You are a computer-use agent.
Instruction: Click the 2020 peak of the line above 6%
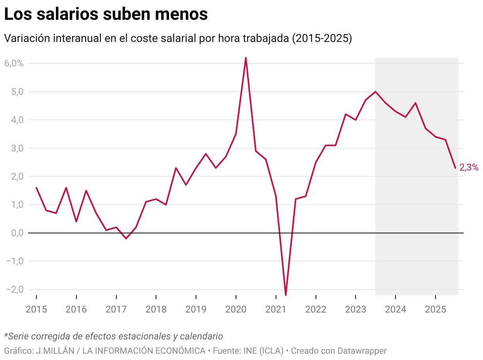tap(246, 58)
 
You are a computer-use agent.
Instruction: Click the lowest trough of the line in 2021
tap(286, 295)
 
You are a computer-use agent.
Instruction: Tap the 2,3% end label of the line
tap(469, 168)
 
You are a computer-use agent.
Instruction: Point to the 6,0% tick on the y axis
tap(14, 63)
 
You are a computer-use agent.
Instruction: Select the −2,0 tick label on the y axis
tap(14, 290)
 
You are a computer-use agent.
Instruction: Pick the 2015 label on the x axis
tap(36, 309)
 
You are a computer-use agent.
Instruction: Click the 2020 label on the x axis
tap(236, 309)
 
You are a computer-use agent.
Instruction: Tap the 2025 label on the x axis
tap(435, 309)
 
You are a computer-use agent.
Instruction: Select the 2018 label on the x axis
tap(156, 309)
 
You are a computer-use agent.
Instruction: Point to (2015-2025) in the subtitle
tap(321, 39)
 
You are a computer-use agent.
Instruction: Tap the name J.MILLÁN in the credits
tap(53, 351)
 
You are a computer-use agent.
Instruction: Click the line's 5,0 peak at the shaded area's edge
tap(375, 92)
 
